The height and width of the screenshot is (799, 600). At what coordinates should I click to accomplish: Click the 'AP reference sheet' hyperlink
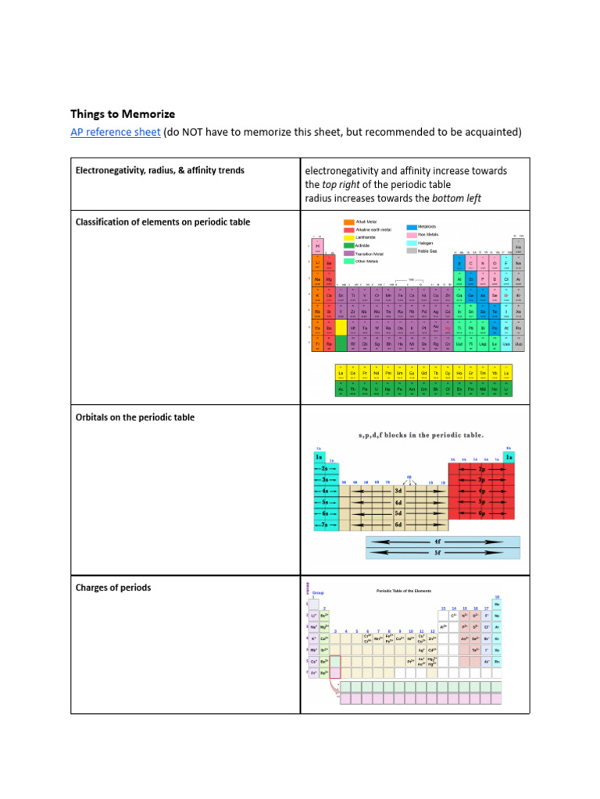click(x=116, y=133)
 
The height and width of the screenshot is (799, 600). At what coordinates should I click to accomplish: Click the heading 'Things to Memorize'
click(x=123, y=114)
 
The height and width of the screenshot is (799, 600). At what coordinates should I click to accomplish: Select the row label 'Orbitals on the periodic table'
click(x=135, y=417)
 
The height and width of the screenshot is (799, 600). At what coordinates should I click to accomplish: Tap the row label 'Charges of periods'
click(x=113, y=588)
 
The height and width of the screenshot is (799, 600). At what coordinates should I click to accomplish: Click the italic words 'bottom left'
click(x=456, y=198)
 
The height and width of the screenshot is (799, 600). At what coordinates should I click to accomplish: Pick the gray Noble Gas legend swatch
click(x=411, y=251)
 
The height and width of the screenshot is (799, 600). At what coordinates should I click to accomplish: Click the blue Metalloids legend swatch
click(x=411, y=226)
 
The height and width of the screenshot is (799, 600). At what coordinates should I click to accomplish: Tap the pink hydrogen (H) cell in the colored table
click(x=318, y=247)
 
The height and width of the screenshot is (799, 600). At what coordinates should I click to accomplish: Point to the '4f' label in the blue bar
click(x=437, y=540)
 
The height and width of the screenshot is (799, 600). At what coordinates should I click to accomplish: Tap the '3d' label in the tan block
click(x=398, y=492)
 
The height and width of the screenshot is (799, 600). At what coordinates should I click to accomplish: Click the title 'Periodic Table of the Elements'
click(x=404, y=591)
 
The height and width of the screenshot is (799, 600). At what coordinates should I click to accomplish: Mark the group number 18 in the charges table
click(x=497, y=597)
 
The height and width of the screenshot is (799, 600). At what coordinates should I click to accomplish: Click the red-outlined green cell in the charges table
click(x=335, y=661)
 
